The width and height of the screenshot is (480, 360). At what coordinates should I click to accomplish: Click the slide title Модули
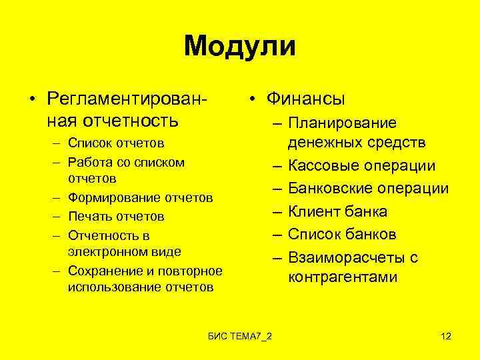tap(240, 47)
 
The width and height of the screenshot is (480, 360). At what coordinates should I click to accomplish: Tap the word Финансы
tap(305, 99)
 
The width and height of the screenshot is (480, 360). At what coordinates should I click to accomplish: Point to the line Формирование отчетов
tap(140, 198)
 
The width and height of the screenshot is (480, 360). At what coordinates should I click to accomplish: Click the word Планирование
tap(342, 123)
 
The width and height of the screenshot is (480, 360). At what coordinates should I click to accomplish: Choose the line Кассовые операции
tap(361, 166)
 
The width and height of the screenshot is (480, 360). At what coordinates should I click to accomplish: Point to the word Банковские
tap(330, 189)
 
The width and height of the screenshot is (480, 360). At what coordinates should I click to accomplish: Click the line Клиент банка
tap(337, 212)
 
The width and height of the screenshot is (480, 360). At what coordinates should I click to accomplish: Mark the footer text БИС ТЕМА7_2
tap(239, 336)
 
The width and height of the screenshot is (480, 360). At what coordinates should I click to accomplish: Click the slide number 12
tap(446, 336)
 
